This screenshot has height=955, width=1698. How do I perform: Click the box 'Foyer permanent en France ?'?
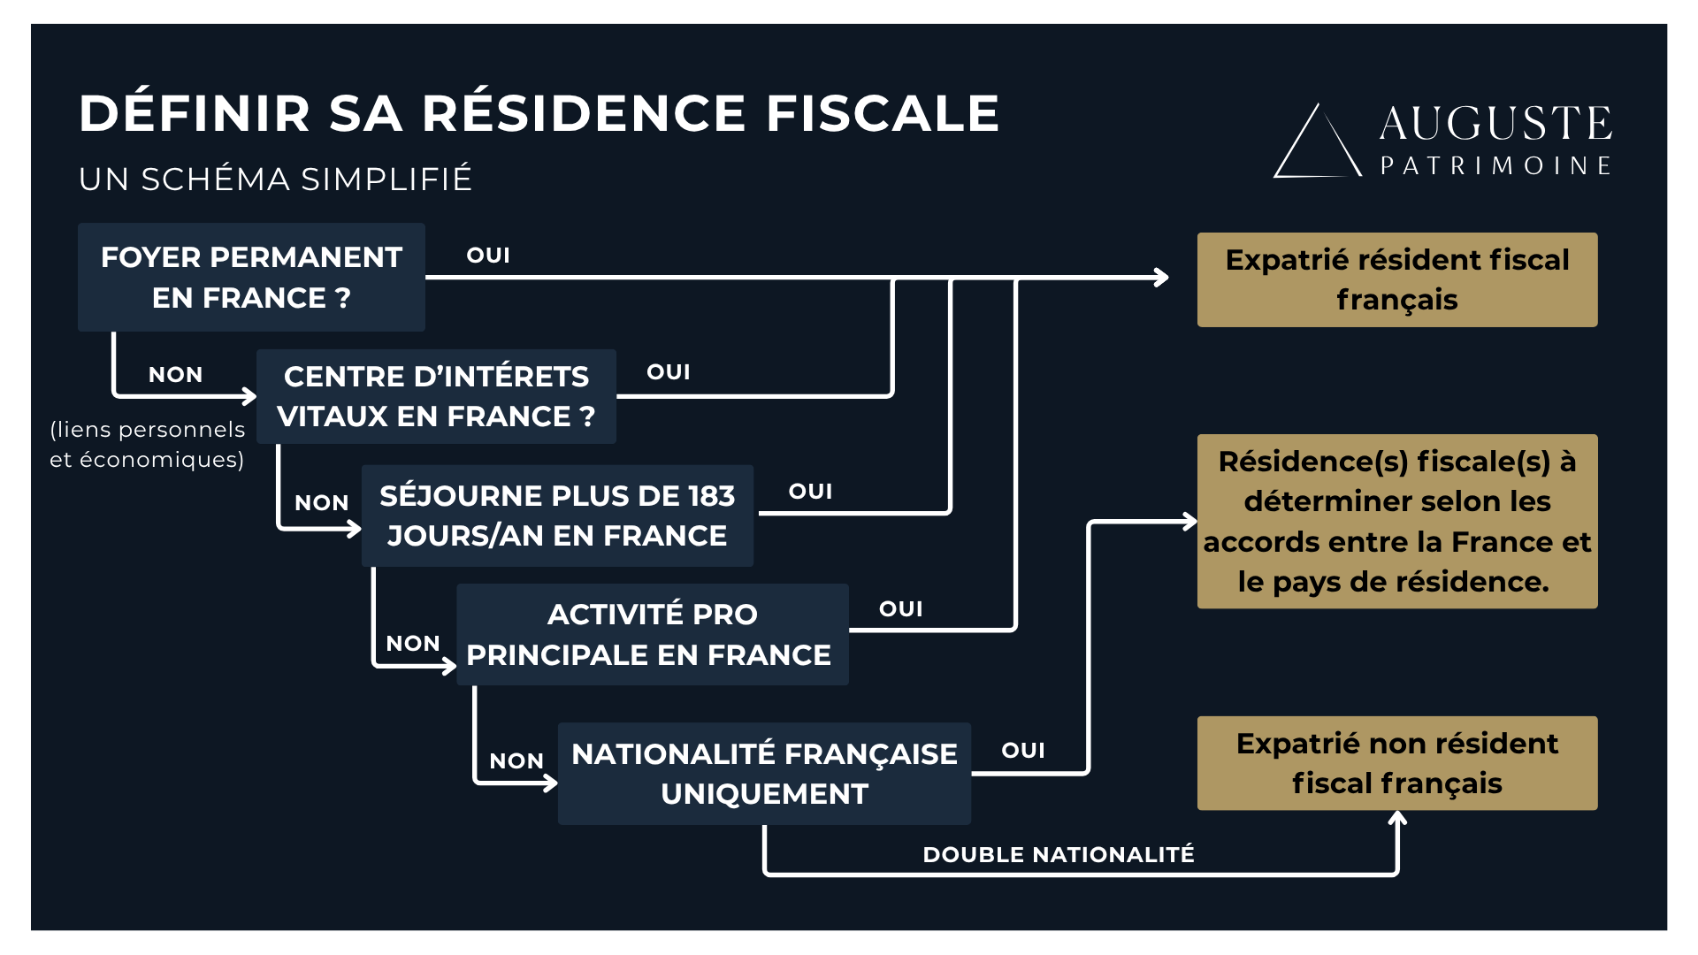coord(251,277)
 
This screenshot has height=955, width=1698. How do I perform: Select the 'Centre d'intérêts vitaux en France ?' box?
coord(436,396)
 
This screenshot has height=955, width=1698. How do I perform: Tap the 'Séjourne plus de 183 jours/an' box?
coord(557,516)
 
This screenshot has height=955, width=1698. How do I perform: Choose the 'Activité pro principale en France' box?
coord(652,634)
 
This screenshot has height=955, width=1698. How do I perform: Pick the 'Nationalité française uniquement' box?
coord(764,774)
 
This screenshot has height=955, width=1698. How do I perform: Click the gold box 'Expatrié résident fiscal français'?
coord(1396,279)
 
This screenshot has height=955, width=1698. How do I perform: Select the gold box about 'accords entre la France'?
coord(1396,521)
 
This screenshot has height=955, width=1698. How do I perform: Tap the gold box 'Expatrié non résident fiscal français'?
coord(1396,763)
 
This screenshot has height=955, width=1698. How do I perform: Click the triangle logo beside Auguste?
coord(1317,144)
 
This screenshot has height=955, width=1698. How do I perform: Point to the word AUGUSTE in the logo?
coord(1495,124)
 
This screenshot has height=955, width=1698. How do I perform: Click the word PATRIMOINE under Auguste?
coord(1495,166)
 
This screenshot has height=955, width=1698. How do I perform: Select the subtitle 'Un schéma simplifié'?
coord(275,179)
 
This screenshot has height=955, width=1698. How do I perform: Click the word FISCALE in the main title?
coord(882,114)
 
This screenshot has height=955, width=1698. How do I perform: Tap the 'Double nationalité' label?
coord(1058,854)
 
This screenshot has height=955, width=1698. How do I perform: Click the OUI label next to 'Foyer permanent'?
coord(488,256)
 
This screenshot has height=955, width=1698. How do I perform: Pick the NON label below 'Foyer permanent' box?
coord(175,375)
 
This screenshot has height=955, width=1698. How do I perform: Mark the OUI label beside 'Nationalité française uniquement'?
coord(1023,751)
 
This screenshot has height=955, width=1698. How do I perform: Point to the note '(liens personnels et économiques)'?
coord(148,444)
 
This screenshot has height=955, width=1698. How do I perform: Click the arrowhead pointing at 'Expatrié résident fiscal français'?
coord(1162,278)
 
